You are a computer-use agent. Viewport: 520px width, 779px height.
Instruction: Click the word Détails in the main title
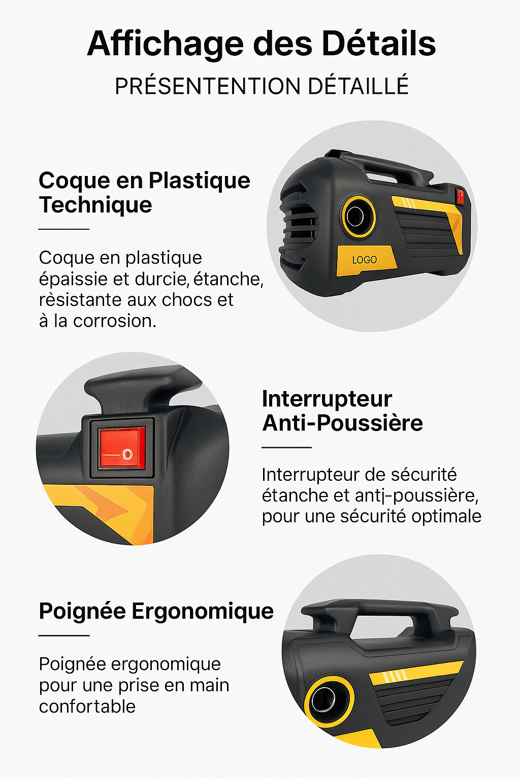pos(379,44)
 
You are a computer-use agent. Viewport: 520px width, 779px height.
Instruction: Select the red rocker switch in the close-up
pos(121,448)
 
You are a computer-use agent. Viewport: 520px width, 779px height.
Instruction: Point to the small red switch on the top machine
pos(460,196)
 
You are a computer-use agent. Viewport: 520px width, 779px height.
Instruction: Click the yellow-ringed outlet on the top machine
pos(358,217)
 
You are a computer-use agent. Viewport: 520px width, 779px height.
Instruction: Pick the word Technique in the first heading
pos(95,205)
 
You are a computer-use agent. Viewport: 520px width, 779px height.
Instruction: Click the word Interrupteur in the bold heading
pos(327,399)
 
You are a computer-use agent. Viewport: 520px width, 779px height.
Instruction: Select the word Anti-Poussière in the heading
pos(343,423)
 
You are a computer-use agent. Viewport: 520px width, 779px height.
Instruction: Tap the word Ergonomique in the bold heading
pos(203,612)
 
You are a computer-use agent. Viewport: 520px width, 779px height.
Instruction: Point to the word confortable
pos(87,706)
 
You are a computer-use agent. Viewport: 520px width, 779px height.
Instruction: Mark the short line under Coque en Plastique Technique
pos(64,229)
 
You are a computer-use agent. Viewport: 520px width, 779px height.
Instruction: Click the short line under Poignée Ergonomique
pos(64,635)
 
